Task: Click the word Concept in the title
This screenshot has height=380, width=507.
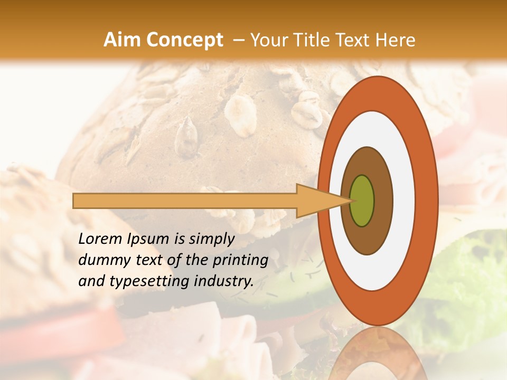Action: tap(184, 40)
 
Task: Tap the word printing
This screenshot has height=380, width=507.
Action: tap(240, 260)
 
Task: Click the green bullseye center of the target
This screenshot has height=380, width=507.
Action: tap(362, 201)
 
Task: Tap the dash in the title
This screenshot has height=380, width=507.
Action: tap(239, 40)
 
